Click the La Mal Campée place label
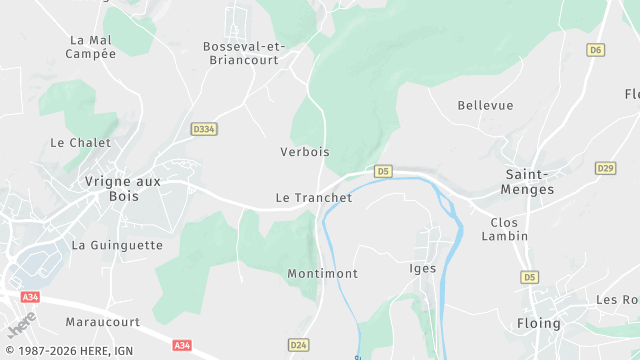click(x=91, y=47)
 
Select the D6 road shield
click(x=596, y=49)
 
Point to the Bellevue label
click(x=485, y=105)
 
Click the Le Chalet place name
click(x=80, y=143)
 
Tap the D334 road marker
click(x=204, y=129)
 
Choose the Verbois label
click(x=305, y=152)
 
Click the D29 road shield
click(x=604, y=168)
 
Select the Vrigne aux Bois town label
click(x=123, y=189)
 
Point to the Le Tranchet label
click(x=314, y=198)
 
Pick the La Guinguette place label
click(x=118, y=244)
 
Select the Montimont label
click(x=322, y=273)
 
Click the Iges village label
click(x=424, y=268)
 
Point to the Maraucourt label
click(x=103, y=322)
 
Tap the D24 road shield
click(x=298, y=345)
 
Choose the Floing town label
click(x=539, y=324)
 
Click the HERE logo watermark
click(x=22, y=324)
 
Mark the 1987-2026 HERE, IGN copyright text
click(x=68, y=351)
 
